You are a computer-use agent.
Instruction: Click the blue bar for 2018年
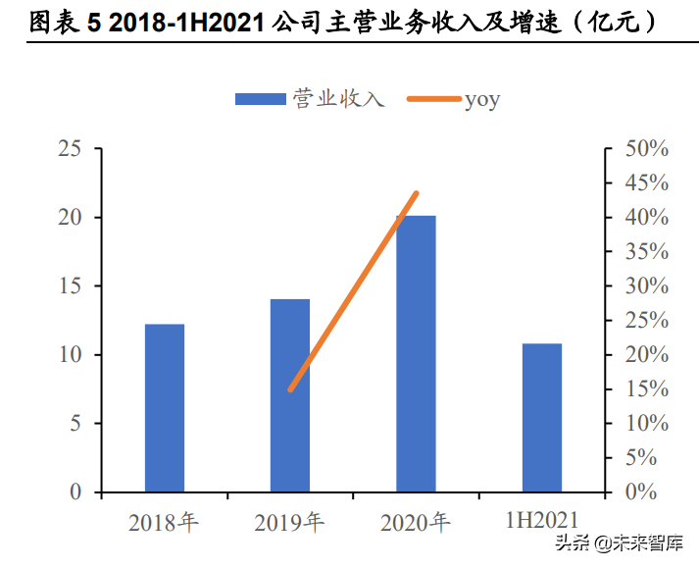click(164, 407)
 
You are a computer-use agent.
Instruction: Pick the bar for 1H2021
click(542, 417)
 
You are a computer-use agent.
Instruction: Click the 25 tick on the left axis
click(70, 149)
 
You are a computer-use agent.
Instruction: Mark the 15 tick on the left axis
click(70, 286)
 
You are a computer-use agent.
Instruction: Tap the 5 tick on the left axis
click(75, 424)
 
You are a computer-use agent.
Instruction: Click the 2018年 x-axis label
click(164, 522)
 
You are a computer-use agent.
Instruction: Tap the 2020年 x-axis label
click(416, 522)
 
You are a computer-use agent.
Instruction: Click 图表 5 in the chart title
click(65, 24)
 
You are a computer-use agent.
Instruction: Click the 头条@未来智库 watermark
click(620, 542)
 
